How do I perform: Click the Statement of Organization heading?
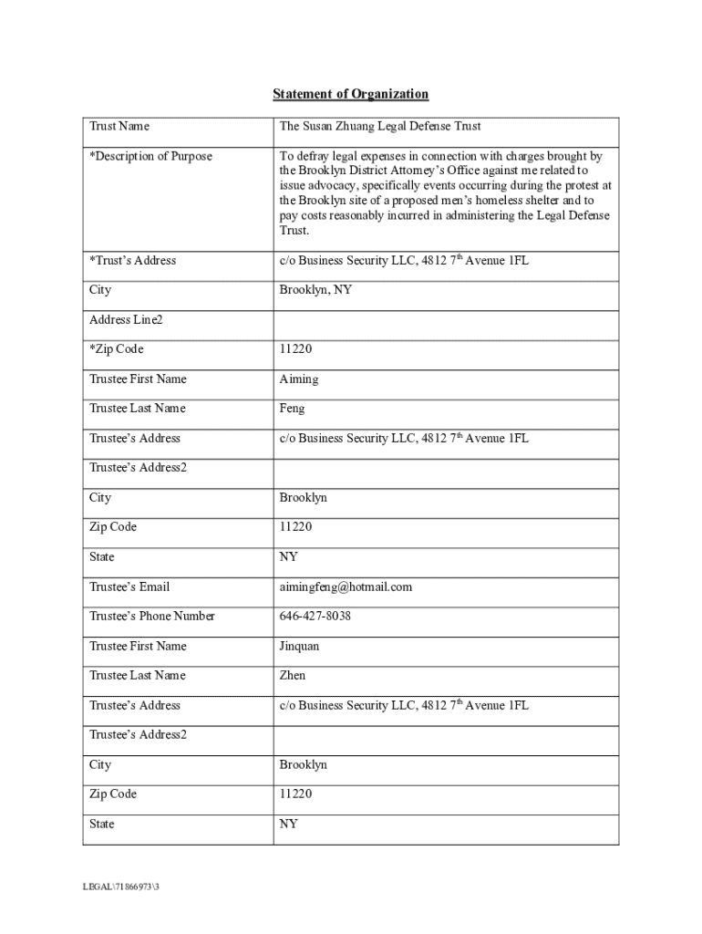351,95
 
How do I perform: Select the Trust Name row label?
119,126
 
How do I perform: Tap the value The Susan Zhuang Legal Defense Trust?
380,126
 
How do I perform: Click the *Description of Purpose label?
150,156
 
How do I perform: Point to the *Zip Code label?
117,349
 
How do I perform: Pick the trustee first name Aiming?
299,379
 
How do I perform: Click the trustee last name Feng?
293,409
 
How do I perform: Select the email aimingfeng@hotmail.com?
346,586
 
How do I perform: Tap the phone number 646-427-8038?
315,617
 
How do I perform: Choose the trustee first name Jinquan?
300,646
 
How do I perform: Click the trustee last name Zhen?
293,676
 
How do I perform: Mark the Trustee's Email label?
129,586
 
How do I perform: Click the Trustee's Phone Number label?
152,617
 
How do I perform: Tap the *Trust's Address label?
132,261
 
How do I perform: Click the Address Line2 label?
126,320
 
